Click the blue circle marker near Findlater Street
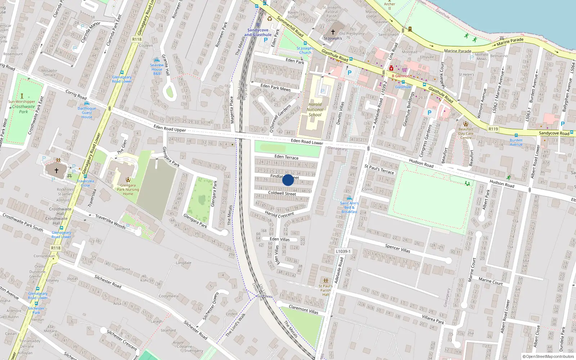point(288,180)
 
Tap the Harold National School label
point(315,109)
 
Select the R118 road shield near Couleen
point(137,39)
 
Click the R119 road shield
point(493,129)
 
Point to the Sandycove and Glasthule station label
point(258,32)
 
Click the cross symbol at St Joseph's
point(333,32)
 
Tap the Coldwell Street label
point(282,193)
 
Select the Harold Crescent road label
point(279,214)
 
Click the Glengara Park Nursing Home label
point(128,189)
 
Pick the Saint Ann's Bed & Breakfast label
point(349,207)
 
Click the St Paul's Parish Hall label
point(325,290)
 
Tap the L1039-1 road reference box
point(343,251)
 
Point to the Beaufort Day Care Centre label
point(465,133)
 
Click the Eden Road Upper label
point(170,128)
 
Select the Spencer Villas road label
point(397,248)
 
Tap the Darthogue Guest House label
point(87,113)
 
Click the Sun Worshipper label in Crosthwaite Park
point(22,102)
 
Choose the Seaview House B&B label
point(157,69)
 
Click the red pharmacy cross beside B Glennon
point(391,68)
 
